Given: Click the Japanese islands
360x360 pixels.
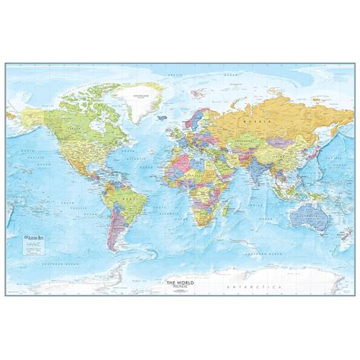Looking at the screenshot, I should (312, 152).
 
